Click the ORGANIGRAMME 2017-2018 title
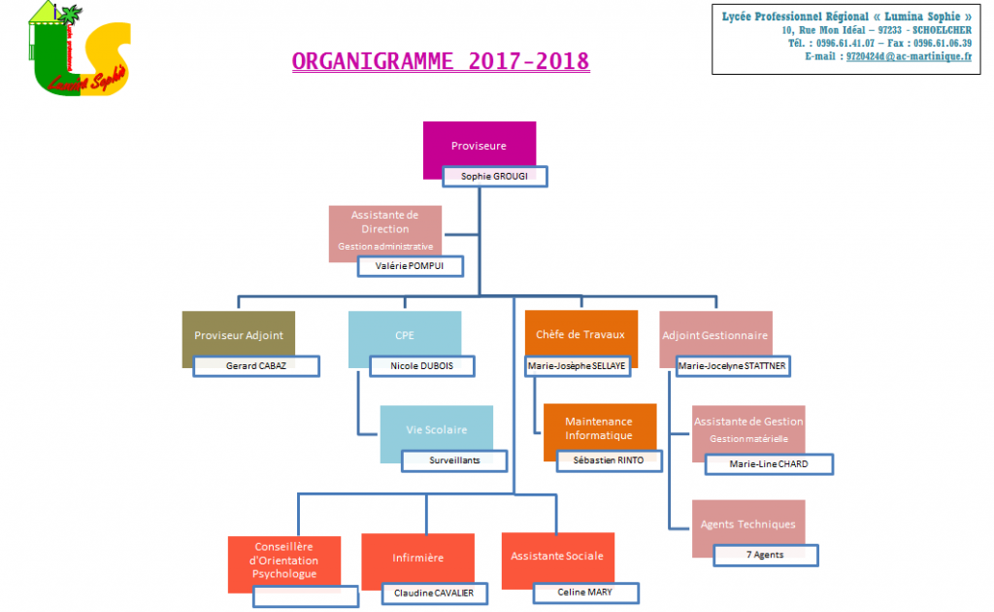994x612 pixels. tap(441, 61)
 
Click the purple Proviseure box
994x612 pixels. tap(480, 145)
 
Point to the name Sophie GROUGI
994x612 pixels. tap(496, 177)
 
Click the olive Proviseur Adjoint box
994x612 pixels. tap(239, 335)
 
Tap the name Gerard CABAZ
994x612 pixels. tap(256, 366)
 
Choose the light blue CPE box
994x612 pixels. tap(405, 335)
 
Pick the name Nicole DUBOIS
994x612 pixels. tap(424, 366)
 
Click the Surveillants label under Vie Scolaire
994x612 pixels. tap(454, 460)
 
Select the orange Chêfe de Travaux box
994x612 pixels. tap(580, 334)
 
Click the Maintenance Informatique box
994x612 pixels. tap(599, 427)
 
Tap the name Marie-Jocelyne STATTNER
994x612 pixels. tap(733, 366)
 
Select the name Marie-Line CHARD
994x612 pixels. tap(769, 464)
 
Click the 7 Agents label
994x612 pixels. tap(766, 555)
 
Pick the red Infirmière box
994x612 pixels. tap(417, 559)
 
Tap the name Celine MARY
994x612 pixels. tap(584, 592)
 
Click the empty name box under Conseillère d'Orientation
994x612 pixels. tap(305, 596)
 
